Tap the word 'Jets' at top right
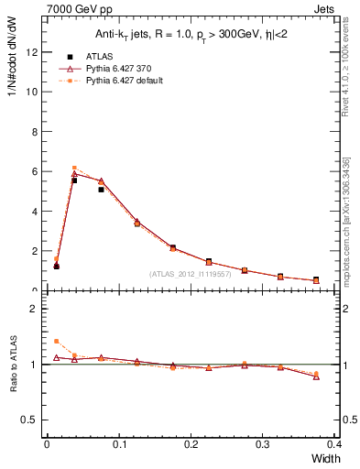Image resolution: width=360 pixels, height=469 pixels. pyautogui.click(x=327, y=7)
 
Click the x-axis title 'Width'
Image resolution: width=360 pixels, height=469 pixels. pyautogui.click(x=326, y=458)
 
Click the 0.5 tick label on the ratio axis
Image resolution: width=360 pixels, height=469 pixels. pyautogui.click(x=29, y=420)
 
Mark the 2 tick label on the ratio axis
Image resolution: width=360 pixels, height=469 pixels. pyautogui.click(x=33, y=309)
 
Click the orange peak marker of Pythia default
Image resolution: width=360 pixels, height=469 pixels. pyautogui.click(x=74, y=168)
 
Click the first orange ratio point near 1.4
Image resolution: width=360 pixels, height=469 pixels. pyautogui.click(x=56, y=341)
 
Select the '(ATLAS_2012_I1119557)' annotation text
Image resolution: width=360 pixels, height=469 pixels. pyautogui.click(x=189, y=273)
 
